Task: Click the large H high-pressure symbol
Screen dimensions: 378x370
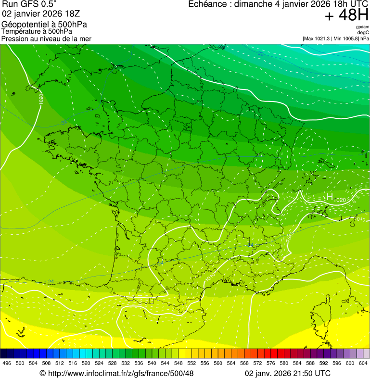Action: (x=330, y=197)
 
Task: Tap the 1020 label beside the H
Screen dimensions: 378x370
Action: (x=340, y=200)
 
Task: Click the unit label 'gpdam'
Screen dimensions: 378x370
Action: (x=362, y=27)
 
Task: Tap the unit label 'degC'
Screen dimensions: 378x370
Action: (x=363, y=32)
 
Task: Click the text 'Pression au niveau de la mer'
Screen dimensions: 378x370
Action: (x=46, y=38)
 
